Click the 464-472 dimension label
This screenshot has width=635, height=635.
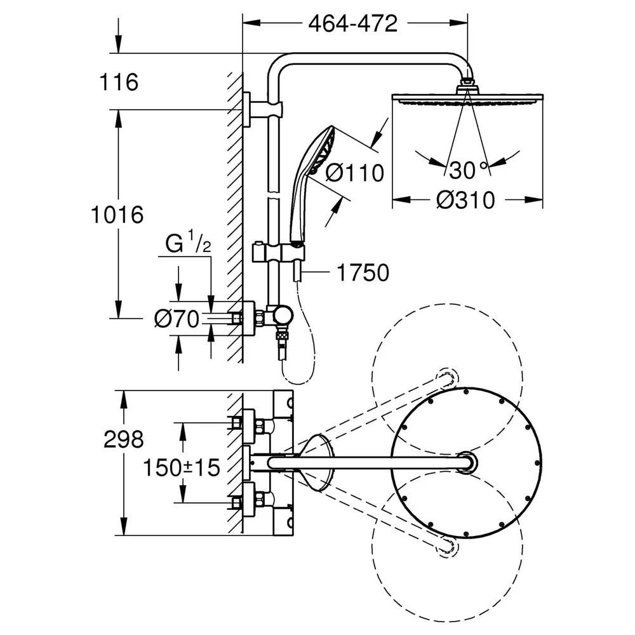pyautogui.click(x=352, y=24)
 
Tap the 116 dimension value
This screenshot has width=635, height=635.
pyautogui.click(x=119, y=82)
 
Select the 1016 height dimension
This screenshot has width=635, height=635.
pyautogui.click(x=117, y=214)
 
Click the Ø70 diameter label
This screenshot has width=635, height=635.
pyautogui.click(x=177, y=319)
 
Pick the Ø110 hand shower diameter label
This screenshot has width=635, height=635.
pyautogui.click(x=355, y=173)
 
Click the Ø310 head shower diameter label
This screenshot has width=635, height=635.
pyautogui.click(x=465, y=200)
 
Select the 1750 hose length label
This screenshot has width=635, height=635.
pyautogui.click(x=363, y=272)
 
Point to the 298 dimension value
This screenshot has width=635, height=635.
pyautogui.click(x=124, y=439)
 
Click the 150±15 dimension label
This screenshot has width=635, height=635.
pyautogui.click(x=182, y=467)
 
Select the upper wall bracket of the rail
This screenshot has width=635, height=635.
pyautogui.click(x=262, y=109)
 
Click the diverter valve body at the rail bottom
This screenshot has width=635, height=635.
pyautogui.click(x=279, y=315)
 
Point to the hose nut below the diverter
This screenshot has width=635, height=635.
pyautogui.click(x=282, y=335)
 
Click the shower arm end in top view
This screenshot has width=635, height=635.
pyautogui.click(x=467, y=462)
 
